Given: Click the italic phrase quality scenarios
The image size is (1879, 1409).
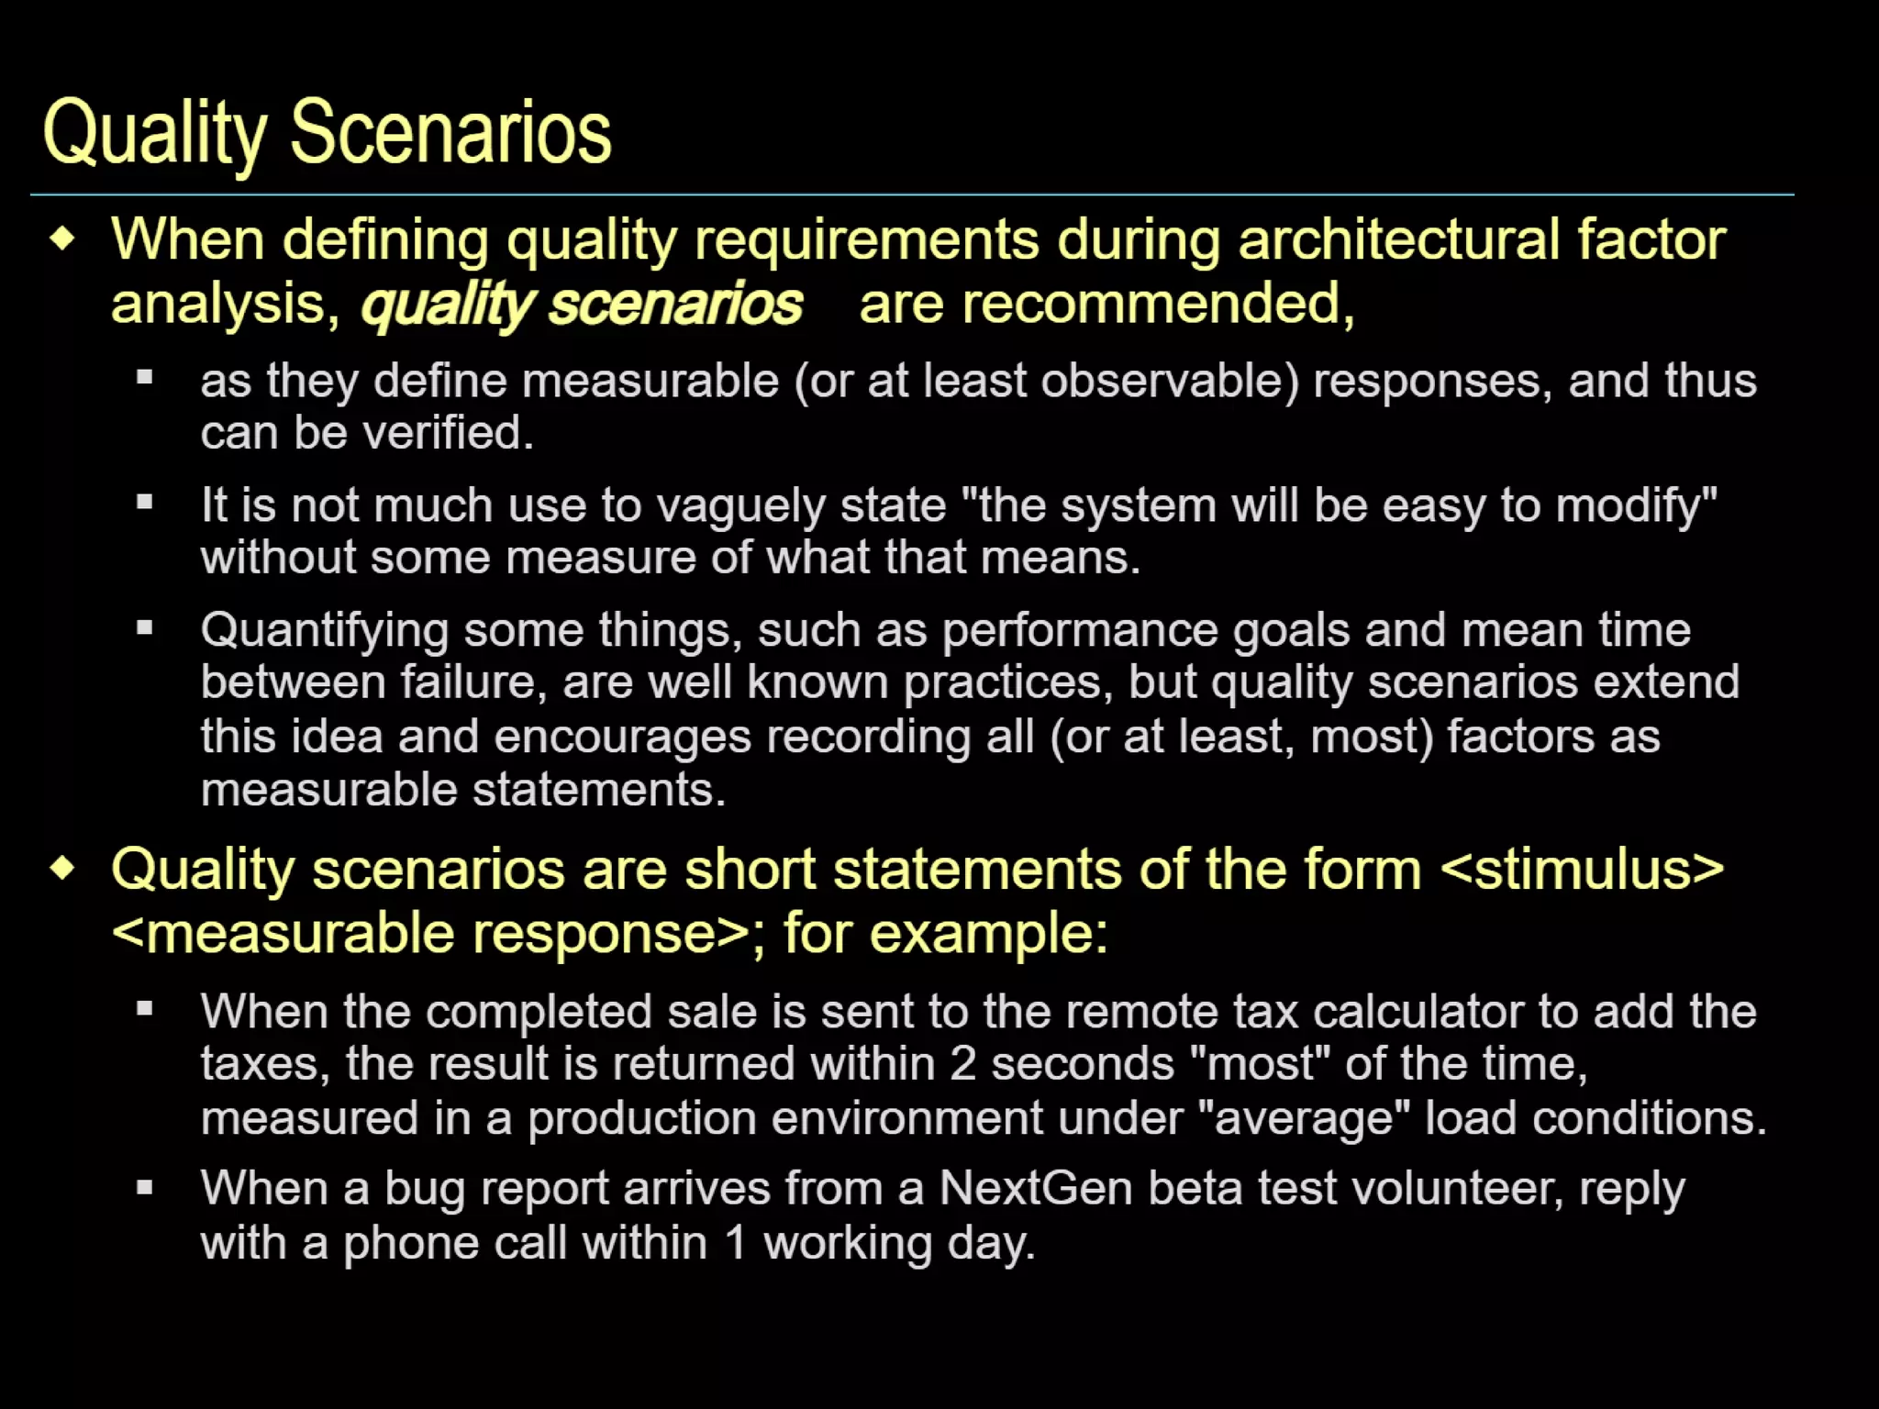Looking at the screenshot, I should point(582,304).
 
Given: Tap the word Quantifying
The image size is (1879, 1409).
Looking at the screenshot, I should point(325,631).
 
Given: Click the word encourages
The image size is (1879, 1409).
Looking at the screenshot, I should point(621,738).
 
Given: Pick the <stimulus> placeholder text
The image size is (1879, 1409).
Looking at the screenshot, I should point(1582,870).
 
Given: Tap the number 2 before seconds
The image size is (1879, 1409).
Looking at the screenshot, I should point(962,1064).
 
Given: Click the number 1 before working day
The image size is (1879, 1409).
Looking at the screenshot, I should point(736,1244).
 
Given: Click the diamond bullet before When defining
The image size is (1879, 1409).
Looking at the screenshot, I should point(62,240).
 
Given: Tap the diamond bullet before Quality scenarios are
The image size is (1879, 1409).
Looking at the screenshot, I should point(62,868).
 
